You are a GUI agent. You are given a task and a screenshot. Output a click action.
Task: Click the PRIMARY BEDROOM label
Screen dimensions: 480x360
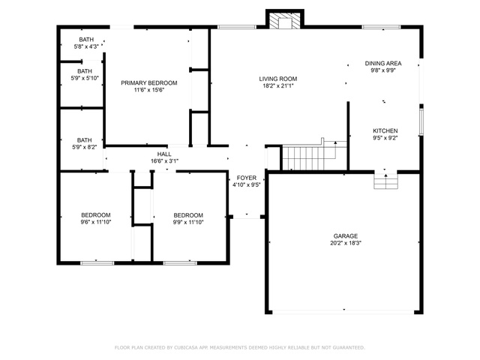coord(149,83)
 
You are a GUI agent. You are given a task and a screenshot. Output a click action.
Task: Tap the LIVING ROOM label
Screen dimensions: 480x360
coord(278,79)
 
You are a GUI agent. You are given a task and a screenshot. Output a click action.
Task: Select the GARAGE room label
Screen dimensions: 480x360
coord(346,236)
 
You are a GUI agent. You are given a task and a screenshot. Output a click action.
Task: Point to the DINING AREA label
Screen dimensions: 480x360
coord(383,63)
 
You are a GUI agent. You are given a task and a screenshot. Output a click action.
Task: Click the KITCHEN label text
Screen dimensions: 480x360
coord(385,130)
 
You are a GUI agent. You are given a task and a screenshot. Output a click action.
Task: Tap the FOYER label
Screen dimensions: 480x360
coord(247,178)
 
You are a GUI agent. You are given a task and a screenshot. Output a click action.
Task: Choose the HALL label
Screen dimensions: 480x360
coord(164,154)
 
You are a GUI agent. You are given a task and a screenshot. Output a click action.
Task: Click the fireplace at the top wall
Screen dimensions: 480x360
coord(285,19)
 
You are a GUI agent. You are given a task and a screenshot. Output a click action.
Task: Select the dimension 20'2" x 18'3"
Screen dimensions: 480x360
coord(346,243)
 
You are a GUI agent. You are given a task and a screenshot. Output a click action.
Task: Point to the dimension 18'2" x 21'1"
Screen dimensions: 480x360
coord(278,86)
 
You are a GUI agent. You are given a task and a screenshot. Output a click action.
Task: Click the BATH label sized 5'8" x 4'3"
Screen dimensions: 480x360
coord(86,40)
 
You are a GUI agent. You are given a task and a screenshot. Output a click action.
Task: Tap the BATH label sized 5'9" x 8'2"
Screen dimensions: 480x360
coord(85,140)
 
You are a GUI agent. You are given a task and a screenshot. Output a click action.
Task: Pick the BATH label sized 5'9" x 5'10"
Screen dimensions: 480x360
coord(85,71)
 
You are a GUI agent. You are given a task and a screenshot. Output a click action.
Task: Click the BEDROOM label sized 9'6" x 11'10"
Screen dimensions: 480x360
coord(96,215)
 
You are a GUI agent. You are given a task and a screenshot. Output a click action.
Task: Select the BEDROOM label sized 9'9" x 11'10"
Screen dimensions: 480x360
coord(188,215)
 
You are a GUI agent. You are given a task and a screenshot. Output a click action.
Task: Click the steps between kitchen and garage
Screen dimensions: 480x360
coord(385,181)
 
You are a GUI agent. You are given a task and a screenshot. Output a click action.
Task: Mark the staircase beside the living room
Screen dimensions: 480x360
coord(314,155)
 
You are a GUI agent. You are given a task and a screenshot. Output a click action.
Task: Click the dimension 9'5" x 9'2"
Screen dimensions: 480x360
coord(385,138)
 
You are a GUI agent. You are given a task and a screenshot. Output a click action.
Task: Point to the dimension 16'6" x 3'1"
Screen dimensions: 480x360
coord(164,161)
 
